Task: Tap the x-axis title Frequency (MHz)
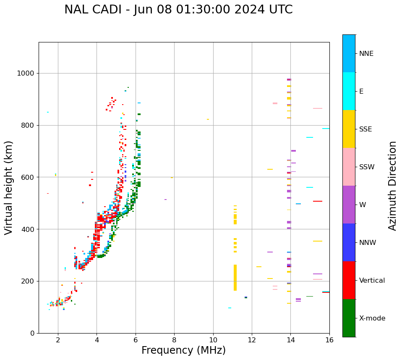183,350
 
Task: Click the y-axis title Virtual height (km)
9,187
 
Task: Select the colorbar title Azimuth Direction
392,185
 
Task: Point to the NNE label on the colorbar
366,54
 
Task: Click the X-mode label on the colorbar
372,318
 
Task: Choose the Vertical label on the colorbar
372,281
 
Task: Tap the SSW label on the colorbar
367,167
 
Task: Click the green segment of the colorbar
349,318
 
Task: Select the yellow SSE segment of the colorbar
349,129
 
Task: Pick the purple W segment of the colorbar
349,205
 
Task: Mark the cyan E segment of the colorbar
349,91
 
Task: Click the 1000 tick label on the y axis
26,74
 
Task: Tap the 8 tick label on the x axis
174,339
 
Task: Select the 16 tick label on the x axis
329,339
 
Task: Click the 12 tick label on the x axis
252,339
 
